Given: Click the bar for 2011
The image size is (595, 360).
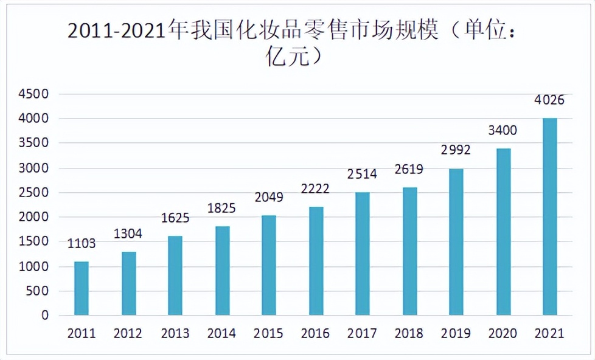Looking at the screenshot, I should (81, 288).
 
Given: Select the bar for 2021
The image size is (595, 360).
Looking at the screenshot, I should (549, 216).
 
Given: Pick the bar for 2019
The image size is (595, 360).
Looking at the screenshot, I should (456, 242).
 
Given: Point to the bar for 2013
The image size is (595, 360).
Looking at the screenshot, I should (175, 275).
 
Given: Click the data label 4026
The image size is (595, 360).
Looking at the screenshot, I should (549, 100).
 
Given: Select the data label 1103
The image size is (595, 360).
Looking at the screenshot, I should (81, 244).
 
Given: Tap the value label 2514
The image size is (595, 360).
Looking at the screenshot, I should (362, 175).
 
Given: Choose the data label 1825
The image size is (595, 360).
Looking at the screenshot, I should (221, 209).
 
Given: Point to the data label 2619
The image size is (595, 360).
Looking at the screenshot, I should (409, 170).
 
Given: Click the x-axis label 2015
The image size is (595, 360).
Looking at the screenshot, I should (268, 334).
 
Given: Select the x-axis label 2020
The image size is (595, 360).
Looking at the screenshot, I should (503, 334).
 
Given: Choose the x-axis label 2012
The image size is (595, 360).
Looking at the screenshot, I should (128, 334).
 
